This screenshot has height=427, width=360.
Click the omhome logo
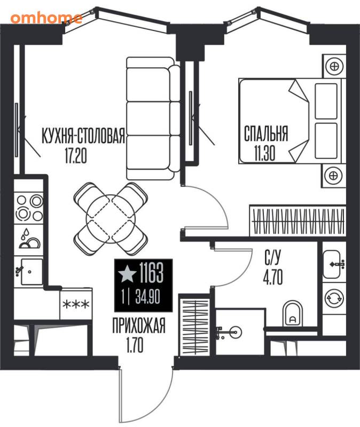(46, 18)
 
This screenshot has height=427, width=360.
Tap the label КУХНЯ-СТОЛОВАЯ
(83, 136)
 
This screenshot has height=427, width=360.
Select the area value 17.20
(76, 155)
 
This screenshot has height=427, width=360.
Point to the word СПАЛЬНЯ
(265, 133)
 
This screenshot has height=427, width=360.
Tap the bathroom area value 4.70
(272, 277)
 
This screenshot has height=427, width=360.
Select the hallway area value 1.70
(135, 345)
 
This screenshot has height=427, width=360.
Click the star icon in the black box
(127, 274)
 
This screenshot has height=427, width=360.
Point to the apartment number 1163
(151, 273)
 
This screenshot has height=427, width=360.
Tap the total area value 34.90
(147, 297)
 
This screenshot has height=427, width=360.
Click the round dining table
(111, 219)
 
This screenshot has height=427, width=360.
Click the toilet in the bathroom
(293, 314)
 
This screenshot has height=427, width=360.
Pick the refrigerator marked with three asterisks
(76, 304)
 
